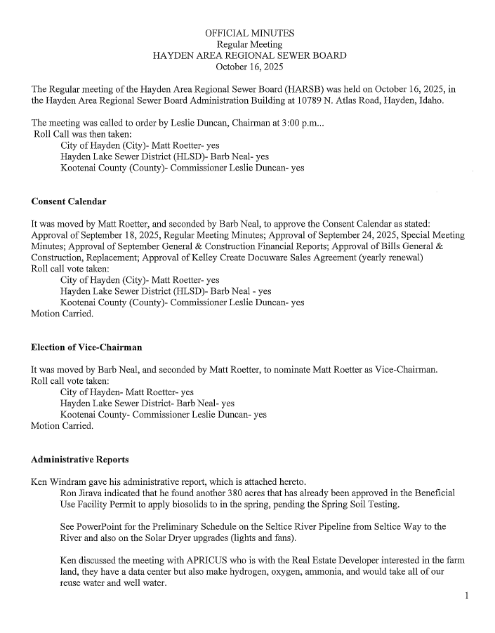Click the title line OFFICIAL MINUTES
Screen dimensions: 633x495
click(249, 33)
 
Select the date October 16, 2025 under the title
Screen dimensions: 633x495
click(249, 67)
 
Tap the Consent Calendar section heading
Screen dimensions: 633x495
click(69, 202)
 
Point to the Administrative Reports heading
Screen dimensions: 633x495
click(79, 460)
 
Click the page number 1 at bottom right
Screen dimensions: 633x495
click(466, 596)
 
